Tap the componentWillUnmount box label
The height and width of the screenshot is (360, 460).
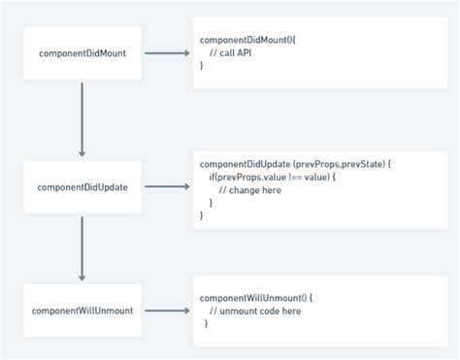[82, 311]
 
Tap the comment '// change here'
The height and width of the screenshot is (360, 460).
[248, 190]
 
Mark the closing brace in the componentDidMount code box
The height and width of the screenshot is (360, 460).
[202, 65]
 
